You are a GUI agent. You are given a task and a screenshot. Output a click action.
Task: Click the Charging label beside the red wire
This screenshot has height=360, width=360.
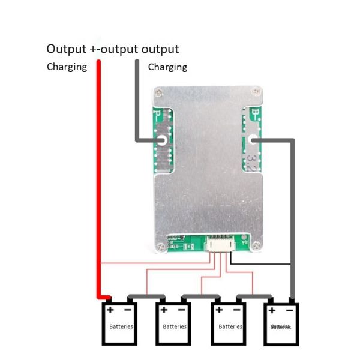[x=67, y=67]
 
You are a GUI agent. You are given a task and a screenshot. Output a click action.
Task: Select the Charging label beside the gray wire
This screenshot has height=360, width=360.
[x=167, y=67]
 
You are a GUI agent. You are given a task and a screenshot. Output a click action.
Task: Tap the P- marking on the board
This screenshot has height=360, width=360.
[x=159, y=113]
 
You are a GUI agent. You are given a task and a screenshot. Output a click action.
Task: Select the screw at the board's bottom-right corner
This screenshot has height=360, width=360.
[x=257, y=244]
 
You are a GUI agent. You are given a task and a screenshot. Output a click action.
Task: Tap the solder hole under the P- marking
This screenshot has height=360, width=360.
[x=162, y=141]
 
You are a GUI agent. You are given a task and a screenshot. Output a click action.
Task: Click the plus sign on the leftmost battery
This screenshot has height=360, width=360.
[x=111, y=310]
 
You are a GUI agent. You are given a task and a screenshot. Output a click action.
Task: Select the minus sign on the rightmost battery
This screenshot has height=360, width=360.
[x=289, y=310]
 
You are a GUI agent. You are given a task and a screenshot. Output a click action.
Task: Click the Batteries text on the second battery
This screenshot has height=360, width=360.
[x=175, y=326]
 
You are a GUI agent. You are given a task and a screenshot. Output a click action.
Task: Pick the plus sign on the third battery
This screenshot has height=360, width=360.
[x=219, y=310]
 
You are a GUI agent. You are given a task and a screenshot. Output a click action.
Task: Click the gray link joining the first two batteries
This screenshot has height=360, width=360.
[x=145, y=296]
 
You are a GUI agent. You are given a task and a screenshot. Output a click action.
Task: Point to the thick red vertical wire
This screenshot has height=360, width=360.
[x=100, y=180]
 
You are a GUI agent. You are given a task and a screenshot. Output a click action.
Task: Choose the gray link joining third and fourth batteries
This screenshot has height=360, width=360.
[x=254, y=296]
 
